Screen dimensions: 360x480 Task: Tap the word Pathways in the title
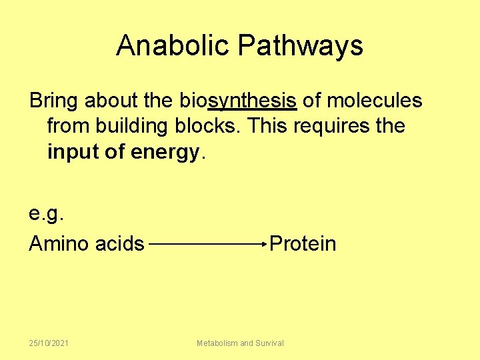click(301, 45)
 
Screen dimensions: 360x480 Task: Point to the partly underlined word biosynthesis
click(238, 101)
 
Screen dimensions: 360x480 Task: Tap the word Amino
click(59, 243)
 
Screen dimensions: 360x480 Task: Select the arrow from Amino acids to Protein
click(208, 244)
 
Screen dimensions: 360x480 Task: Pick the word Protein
click(303, 243)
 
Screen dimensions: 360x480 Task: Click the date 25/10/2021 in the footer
click(49, 343)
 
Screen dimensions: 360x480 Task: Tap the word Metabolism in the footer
click(217, 343)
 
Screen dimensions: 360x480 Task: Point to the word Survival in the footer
click(269, 343)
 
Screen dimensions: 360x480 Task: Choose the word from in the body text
click(69, 126)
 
